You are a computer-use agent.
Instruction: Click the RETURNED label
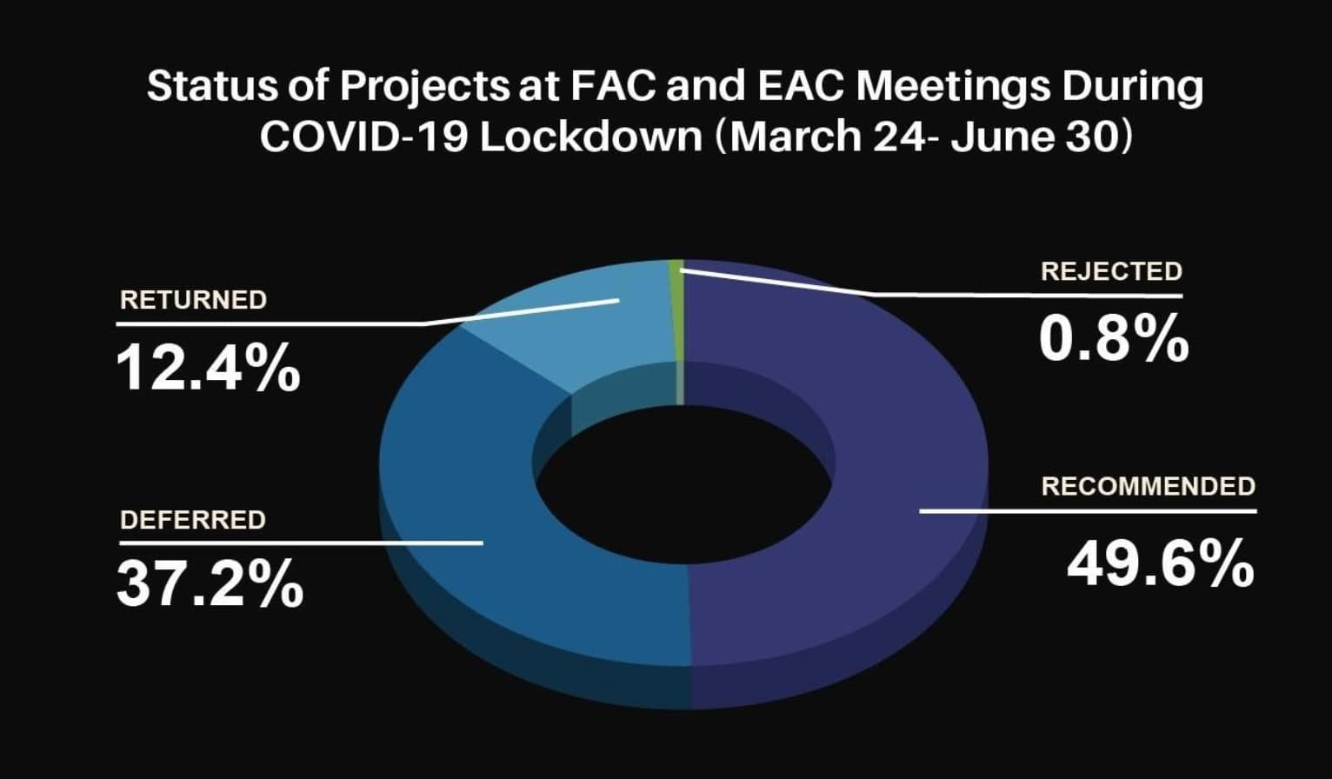point(193,300)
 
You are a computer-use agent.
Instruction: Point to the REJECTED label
point(1111,271)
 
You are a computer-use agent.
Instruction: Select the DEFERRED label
point(193,520)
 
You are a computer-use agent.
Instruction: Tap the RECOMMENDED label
point(1149,486)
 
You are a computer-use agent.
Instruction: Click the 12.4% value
point(208,368)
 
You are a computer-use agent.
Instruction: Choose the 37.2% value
point(210,583)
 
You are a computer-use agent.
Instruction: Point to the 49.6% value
point(1160,563)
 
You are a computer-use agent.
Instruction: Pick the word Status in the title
point(212,85)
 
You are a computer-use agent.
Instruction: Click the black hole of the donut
point(684,484)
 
